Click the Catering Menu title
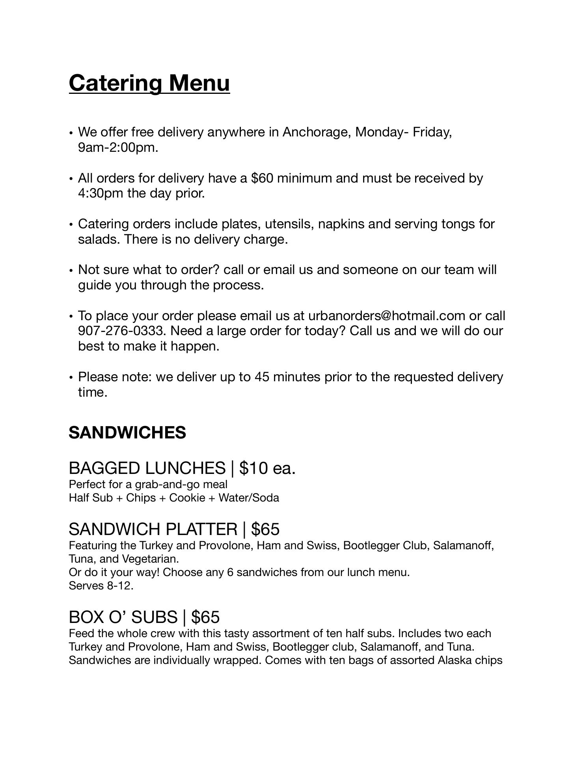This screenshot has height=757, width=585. pyautogui.click(x=149, y=83)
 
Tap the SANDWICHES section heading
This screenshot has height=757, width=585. pyautogui.click(x=127, y=433)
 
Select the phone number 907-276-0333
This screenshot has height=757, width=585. pyautogui.click(x=121, y=331)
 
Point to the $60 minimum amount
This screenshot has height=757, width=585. pyautogui.click(x=262, y=178)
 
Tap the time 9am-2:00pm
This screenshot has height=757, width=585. pyautogui.click(x=118, y=147)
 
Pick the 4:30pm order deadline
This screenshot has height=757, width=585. pyautogui.click(x=101, y=193)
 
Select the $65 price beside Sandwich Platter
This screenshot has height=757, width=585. pyautogui.click(x=265, y=529)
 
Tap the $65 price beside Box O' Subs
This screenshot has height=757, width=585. pyautogui.click(x=205, y=617)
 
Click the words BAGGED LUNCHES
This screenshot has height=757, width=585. pyautogui.click(x=147, y=468)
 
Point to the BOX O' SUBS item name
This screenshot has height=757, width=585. pyautogui.click(x=123, y=617)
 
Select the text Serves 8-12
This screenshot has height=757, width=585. pyautogui.click(x=101, y=585)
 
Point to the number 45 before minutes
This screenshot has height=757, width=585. pyautogui.click(x=262, y=377)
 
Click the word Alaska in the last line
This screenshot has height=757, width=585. pyautogui.click(x=455, y=660)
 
